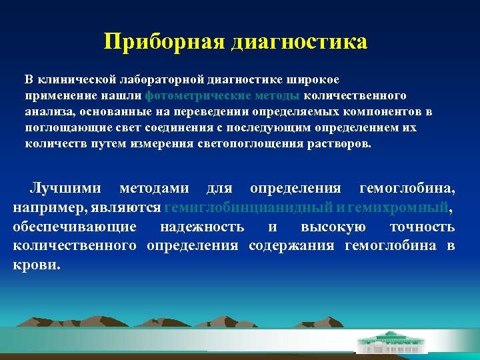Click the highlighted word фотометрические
[x=193, y=95]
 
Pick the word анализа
[x=45, y=111]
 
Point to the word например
[x=41, y=208]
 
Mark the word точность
[x=422, y=227]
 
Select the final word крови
[x=34, y=264]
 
